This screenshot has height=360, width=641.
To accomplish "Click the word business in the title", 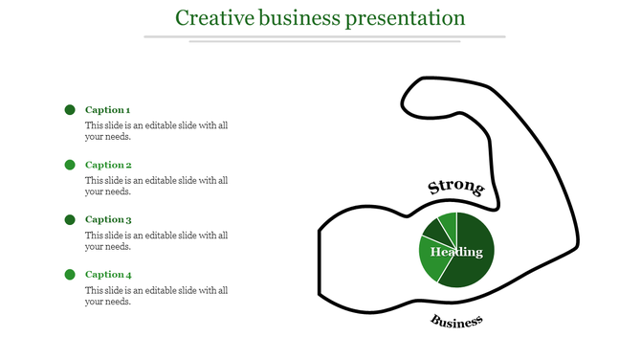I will click(x=296, y=18).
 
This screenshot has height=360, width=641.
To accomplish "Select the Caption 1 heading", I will click(x=108, y=110).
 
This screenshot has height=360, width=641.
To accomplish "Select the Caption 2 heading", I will click(x=108, y=165).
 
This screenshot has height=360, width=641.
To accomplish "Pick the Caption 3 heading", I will click(x=108, y=219).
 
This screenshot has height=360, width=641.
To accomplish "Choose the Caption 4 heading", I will click(x=108, y=275).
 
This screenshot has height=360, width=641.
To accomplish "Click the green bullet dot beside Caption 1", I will click(x=70, y=110).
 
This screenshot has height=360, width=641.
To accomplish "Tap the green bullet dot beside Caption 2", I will click(x=70, y=165).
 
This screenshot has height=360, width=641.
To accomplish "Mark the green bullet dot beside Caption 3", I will click(x=70, y=219).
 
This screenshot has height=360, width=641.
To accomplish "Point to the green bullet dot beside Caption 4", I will click(x=70, y=275).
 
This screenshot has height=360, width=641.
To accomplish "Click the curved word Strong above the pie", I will click(x=455, y=187).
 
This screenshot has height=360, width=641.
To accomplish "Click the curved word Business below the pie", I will click(x=456, y=322).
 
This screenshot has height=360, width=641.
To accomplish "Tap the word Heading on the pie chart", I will click(x=456, y=252).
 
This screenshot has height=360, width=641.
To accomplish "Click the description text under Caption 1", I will click(x=156, y=131).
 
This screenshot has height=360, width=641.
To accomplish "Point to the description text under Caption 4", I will click(x=156, y=296).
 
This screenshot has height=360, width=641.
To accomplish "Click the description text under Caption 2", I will click(x=156, y=186).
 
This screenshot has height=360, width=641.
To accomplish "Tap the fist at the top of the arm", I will click(x=431, y=96).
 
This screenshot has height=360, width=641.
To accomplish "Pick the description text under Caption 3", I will click(x=156, y=240).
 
